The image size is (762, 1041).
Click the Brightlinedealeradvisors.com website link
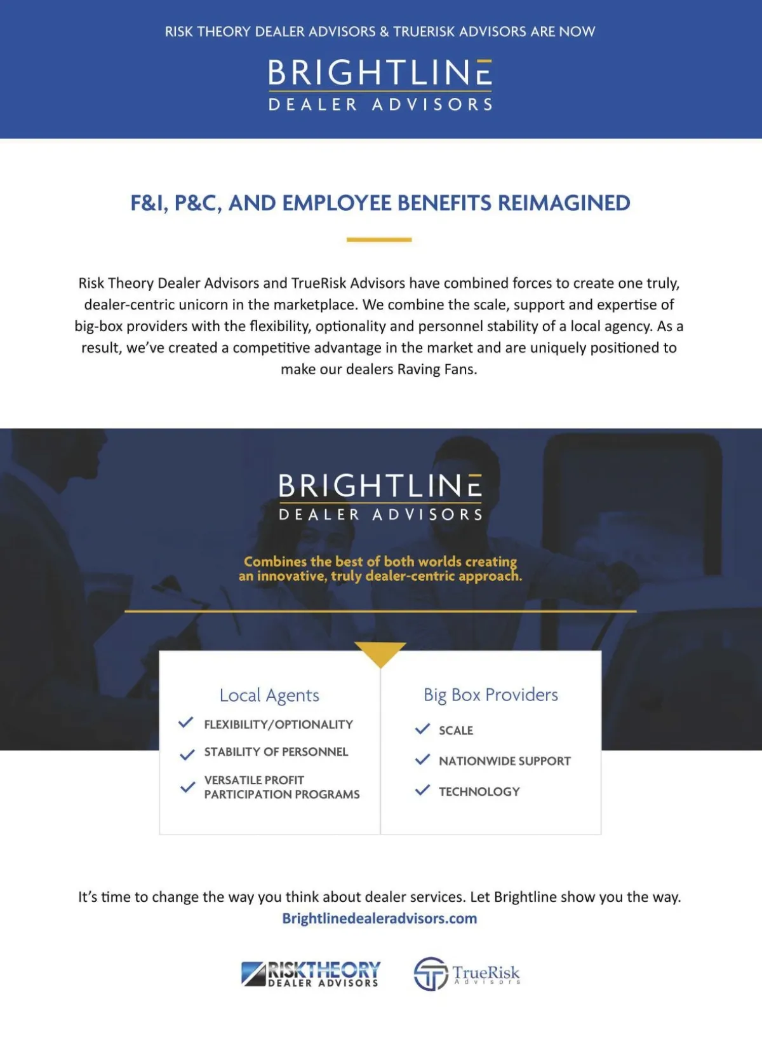[x=379, y=918]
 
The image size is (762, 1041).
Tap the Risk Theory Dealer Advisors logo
[x=311, y=974]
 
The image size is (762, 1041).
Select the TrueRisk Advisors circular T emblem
[x=431, y=974]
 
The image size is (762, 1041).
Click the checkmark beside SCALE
[x=422, y=729]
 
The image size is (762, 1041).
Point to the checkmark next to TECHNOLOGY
[x=422, y=790]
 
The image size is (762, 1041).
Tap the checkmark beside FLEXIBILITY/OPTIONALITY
[x=186, y=723]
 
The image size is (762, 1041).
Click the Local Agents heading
[x=269, y=695]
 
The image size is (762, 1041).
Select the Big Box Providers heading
[x=491, y=695]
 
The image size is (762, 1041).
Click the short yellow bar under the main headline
[x=379, y=240]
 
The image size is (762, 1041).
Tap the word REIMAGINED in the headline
[x=564, y=203]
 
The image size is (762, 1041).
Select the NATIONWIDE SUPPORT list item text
[x=505, y=761]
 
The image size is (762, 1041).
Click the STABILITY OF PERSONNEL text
[x=276, y=752]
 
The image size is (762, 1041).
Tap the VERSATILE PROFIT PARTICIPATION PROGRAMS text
[x=281, y=787]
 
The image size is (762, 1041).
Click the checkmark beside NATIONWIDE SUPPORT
[x=422, y=759]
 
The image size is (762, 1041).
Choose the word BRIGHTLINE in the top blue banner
[x=380, y=73]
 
